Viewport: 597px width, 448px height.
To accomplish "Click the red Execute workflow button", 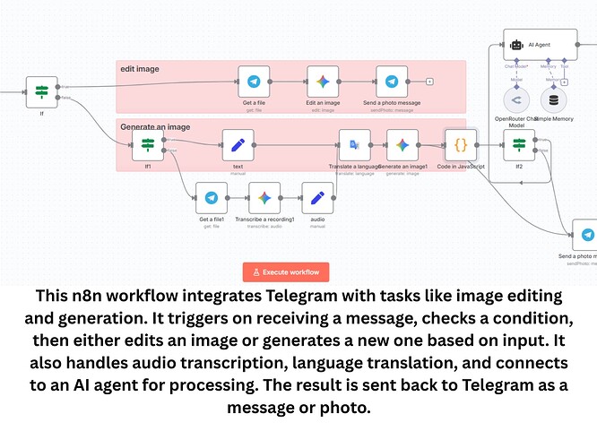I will point(286,271).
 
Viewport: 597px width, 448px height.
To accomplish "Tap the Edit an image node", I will point(323,82).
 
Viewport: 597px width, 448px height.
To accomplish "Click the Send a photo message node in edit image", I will point(392,82).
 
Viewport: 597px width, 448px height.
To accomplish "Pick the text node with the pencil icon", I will point(238,144).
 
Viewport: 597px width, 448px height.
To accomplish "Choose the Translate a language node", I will point(355,144).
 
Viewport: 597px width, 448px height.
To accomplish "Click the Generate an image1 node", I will point(402,144).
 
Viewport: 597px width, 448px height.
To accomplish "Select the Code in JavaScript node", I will point(461,144).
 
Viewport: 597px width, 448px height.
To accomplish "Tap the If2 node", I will point(518,144).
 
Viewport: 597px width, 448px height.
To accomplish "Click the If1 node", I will point(148,144).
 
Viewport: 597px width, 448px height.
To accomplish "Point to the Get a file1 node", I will point(212,198).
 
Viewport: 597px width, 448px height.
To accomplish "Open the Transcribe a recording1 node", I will point(264,198).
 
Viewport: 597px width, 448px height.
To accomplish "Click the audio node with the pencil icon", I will point(317,198).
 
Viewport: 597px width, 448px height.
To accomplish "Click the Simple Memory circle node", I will point(554,99).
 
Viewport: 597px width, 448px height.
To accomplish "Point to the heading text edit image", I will point(140,68).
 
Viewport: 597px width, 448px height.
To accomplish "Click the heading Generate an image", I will point(156,127).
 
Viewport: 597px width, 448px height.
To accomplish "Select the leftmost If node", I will point(42,91).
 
